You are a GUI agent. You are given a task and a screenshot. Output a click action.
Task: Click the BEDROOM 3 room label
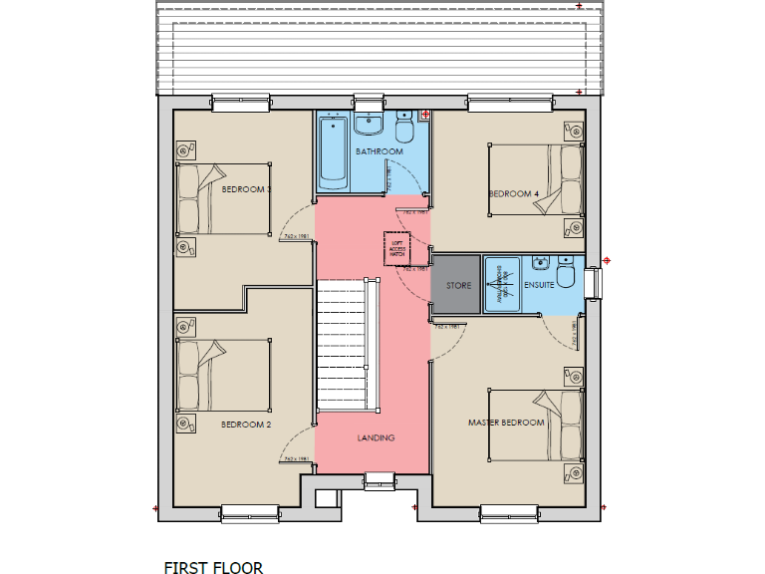247,189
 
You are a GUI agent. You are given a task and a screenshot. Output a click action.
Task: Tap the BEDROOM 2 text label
247,425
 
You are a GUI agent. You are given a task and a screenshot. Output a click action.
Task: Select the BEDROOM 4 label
513,193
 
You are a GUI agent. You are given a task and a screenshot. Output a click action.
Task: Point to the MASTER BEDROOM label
506,423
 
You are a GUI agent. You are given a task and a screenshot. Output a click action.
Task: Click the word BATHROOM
380,151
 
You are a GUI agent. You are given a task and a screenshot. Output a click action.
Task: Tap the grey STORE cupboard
458,285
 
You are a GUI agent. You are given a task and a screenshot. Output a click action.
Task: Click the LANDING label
377,437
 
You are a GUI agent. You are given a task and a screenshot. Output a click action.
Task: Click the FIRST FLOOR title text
213,568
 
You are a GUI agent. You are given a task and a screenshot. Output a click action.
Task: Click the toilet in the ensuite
566,272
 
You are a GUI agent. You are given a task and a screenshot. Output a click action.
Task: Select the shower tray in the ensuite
503,285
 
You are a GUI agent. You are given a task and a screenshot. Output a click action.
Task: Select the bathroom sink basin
368,125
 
